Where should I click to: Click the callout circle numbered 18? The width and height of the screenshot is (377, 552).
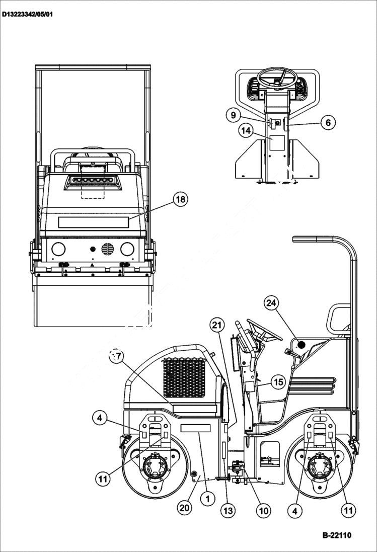tap(180, 200)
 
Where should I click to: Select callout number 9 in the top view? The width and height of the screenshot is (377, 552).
tap(233, 115)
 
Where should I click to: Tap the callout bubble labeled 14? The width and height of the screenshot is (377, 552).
tap(245, 131)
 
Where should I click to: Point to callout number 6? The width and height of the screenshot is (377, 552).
tap(328, 122)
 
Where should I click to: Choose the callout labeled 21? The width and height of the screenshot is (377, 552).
tap(217, 326)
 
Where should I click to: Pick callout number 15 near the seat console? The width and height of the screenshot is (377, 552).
tap(278, 382)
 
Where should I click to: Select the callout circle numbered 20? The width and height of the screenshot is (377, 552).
tap(185, 508)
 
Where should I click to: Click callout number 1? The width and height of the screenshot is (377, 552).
tap(205, 499)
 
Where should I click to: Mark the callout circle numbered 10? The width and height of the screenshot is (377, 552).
tap(263, 511)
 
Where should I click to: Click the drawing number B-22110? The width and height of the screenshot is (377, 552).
tap(337, 535)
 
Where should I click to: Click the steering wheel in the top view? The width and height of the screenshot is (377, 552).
tap(278, 78)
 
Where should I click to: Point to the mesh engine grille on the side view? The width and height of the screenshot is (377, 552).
tap(184, 377)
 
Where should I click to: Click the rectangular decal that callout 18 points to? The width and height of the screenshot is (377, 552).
tap(94, 222)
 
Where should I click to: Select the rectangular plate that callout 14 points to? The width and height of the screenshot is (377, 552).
tap(277, 142)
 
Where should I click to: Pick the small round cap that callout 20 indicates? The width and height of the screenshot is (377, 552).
tap(193, 473)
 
